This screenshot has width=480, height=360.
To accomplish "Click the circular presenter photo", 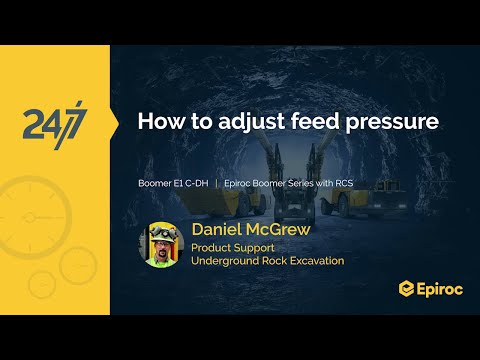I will (160, 244).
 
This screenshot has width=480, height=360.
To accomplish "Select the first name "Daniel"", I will (221, 230).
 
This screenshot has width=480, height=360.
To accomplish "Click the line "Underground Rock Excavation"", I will (267, 261).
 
